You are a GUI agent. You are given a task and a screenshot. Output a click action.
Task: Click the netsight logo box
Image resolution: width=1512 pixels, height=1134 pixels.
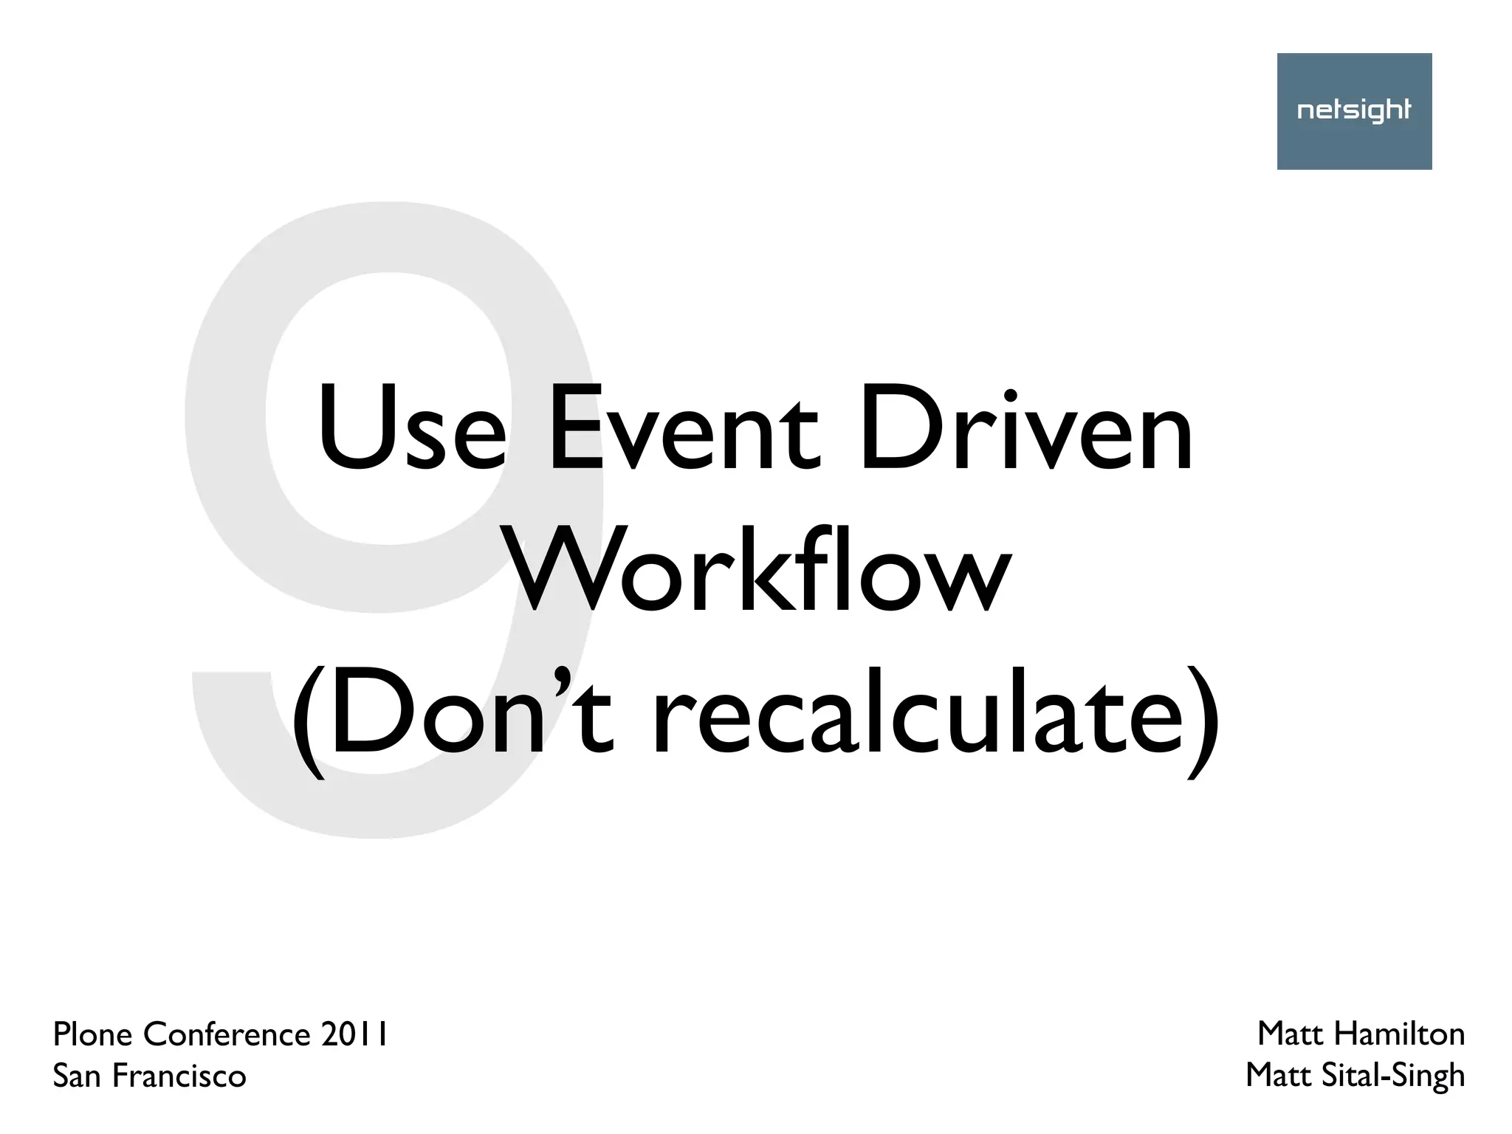1354,111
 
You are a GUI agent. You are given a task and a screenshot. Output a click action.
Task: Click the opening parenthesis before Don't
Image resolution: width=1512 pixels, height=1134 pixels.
308,720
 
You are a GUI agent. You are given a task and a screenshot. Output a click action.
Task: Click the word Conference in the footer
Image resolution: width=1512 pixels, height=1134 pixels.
227,1035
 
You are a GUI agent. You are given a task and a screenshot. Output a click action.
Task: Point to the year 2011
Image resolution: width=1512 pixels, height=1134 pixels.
355,1035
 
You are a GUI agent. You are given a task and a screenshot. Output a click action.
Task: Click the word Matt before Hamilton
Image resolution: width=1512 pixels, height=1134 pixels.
1291,1034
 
